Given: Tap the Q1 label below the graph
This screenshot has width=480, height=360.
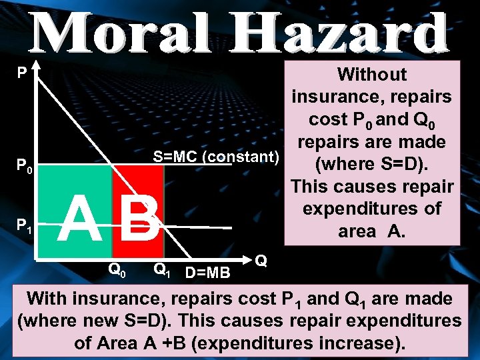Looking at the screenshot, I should click(x=163, y=269).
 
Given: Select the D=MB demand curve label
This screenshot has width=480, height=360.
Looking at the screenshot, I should click(x=207, y=272).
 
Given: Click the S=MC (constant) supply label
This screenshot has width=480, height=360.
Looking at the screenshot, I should click(x=215, y=157).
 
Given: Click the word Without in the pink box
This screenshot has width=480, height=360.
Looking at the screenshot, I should click(x=372, y=74).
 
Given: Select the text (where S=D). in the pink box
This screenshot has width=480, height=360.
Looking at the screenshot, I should click(x=372, y=163).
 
